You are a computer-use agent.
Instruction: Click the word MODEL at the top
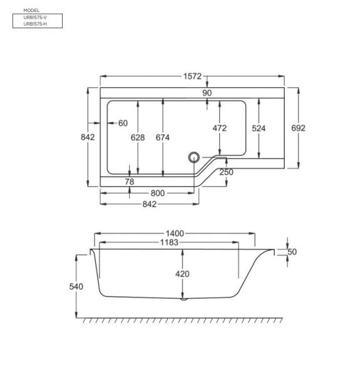(x=31, y=11)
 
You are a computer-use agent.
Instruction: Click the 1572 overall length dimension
(x=193, y=76)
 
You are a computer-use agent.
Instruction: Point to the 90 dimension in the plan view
(x=207, y=93)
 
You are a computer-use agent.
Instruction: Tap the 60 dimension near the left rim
(x=122, y=123)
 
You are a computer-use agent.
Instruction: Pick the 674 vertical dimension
(x=162, y=137)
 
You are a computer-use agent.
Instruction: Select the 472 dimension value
(x=220, y=128)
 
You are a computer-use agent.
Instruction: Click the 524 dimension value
(x=258, y=128)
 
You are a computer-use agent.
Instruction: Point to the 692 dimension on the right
(x=298, y=128)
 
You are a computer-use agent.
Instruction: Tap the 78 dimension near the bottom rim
(x=129, y=182)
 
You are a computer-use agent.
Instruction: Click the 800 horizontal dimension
(x=157, y=193)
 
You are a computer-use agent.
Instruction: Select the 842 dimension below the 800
(x=149, y=205)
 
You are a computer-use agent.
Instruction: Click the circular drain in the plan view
(x=194, y=158)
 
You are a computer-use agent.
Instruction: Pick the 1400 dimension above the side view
(x=175, y=234)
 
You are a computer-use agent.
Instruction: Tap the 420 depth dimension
(x=182, y=274)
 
